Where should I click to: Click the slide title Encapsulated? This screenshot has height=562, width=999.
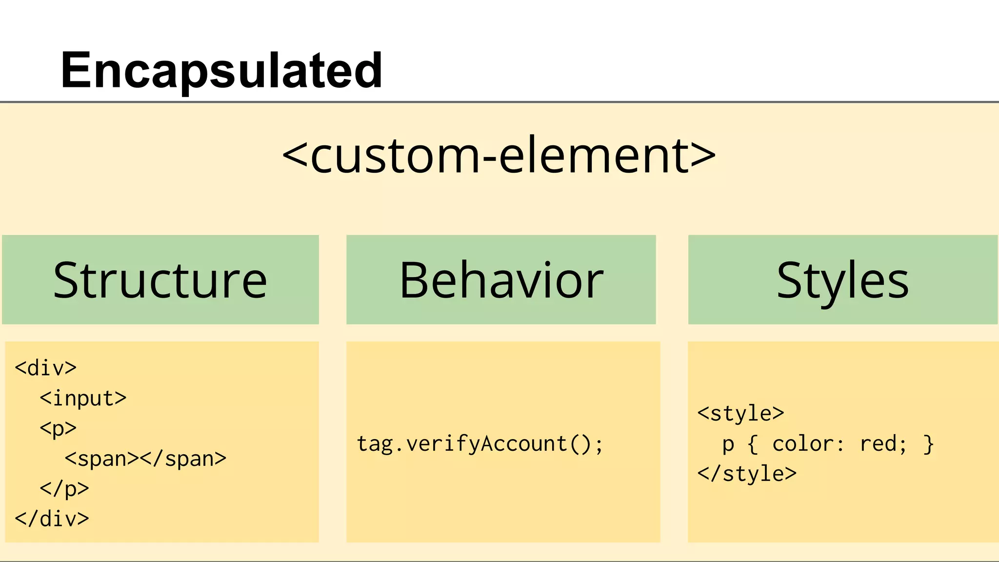point(221,71)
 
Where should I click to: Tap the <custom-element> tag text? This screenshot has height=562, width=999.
point(499,156)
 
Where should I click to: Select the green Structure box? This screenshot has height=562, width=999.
point(160,280)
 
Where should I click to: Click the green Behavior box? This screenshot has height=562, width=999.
point(501,280)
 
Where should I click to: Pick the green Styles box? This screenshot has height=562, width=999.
point(842,280)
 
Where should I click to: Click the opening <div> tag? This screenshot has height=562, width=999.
point(46,368)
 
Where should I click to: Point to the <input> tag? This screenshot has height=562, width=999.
point(83,399)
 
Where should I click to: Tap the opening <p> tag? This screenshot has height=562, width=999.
point(58,429)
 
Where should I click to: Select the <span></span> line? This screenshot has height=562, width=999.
point(145,459)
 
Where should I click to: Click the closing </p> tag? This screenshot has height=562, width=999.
point(64,489)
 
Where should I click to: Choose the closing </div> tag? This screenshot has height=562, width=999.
point(52,519)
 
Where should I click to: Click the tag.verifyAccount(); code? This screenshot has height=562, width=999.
point(480,444)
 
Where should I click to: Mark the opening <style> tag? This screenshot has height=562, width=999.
point(740,414)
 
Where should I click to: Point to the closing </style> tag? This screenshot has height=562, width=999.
point(747,474)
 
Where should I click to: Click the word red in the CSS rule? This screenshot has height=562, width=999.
point(878,444)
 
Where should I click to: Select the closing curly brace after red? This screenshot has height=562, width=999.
point(928,444)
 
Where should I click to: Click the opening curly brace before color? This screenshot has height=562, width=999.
point(753,444)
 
